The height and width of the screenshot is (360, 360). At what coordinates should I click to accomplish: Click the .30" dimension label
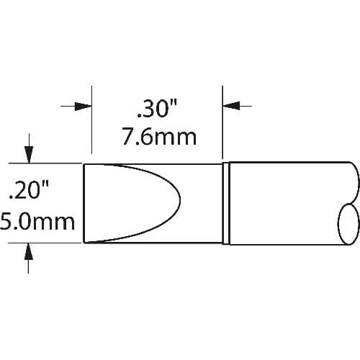click(157, 109)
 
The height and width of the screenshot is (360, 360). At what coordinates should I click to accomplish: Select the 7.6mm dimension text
click(159, 137)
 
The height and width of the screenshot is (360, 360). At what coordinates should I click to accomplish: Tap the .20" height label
click(29, 190)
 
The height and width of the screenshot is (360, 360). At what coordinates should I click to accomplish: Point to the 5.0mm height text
click(37, 221)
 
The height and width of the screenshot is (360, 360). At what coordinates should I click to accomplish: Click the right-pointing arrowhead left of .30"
click(83, 106)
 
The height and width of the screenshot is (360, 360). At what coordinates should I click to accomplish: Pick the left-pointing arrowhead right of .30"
click(231, 106)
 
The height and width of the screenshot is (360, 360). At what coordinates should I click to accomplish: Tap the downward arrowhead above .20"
click(29, 155)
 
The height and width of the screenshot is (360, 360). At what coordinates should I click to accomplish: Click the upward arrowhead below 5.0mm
click(29, 251)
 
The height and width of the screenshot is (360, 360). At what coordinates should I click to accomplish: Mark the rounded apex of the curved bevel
click(180, 199)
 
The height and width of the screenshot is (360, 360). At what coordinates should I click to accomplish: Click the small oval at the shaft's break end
click(348, 224)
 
